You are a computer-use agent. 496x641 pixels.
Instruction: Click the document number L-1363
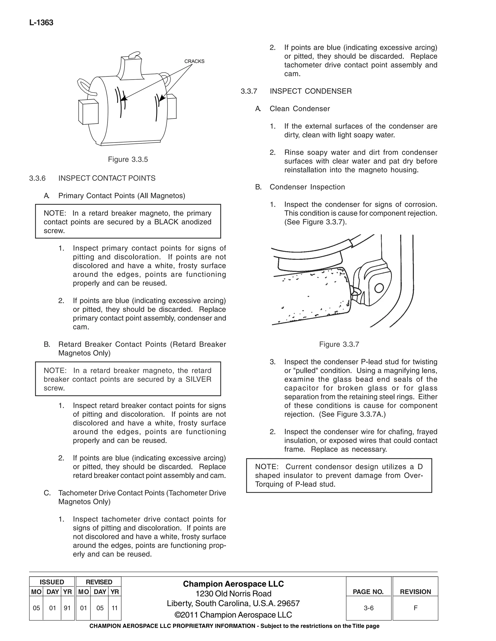[41, 23]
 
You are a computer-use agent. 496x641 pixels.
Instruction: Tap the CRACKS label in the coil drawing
[194, 61]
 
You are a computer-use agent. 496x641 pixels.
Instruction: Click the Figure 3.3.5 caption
[128, 159]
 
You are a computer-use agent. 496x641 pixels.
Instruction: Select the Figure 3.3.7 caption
[339, 344]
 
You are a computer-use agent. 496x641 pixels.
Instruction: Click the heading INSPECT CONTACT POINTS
[107, 178]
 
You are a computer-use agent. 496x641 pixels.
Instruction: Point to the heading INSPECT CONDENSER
[310, 91]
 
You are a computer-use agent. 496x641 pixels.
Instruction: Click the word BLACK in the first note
[166, 222]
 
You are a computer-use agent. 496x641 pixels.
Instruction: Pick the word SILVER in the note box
[198, 379]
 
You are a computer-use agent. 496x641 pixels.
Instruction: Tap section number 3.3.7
[249, 91]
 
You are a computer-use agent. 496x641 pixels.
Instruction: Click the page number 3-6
[368, 608]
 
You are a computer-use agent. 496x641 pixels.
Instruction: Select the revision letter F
[415, 608]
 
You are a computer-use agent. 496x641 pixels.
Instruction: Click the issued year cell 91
[67, 608]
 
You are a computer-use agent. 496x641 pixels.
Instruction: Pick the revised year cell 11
[115, 608]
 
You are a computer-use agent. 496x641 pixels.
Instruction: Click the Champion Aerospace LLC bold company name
[233, 584]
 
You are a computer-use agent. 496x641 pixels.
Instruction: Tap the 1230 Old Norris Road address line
[233, 594]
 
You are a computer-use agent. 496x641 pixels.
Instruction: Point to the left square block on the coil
[88, 112]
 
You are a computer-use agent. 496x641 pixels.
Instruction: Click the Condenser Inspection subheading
[307, 187]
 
